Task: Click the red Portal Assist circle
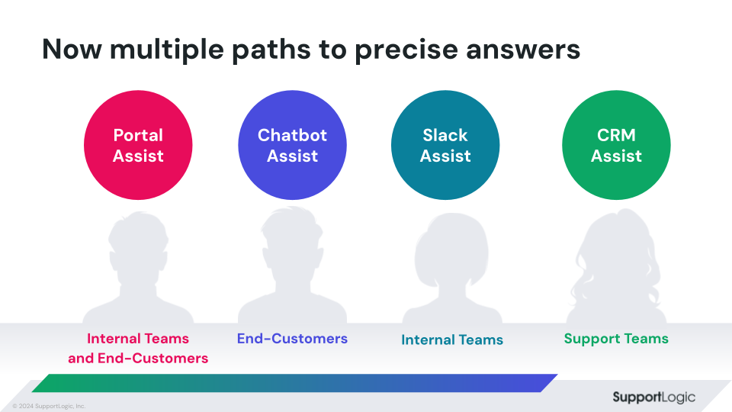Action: tap(138, 145)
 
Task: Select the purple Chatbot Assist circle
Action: tap(292, 145)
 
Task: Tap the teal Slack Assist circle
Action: tap(445, 145)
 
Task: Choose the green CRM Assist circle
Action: tap(616, 145)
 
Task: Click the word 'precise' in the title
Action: tap(406, 50)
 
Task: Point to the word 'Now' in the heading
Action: tap(72, 49)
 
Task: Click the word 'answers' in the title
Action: tap(523, 50)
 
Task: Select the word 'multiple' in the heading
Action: tap(167, 50)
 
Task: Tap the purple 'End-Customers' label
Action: tap(292, 338)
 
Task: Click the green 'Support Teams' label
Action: tap(616, 339)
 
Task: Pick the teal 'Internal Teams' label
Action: tap(452, 340)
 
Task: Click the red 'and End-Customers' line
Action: tap(138, 359)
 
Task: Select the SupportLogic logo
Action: tap(653, 398)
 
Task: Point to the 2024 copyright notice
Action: tap(49, 406)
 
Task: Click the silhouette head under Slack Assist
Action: tap(451, 250)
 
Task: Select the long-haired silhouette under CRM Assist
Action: tap(616, 266)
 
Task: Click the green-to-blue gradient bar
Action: tap(294, 383)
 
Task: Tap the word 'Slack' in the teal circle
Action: tap(445, 135)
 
